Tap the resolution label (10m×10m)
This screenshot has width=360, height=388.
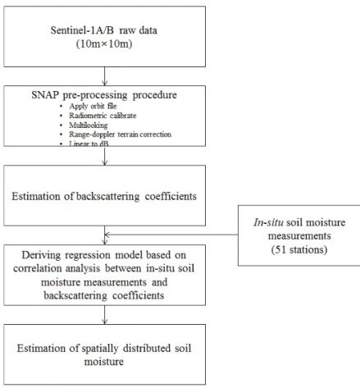click(104, 43)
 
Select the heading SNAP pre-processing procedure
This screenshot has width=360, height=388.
click(104, 95)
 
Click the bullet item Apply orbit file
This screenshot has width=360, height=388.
click(93, 106)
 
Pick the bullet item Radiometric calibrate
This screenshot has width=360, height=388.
click(103, 116)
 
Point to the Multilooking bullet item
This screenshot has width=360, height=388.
click(89, 125)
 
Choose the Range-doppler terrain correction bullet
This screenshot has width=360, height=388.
click(120, 135)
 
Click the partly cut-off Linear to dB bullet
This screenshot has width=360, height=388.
click(89, 144)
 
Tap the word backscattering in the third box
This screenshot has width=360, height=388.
click(107, 196)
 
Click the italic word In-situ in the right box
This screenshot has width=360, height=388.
click(268, 222)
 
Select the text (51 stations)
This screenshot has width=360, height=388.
click(299, 249)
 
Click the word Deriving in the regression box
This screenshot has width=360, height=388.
click(41, 255)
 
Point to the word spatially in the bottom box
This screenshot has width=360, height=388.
click(100, 349)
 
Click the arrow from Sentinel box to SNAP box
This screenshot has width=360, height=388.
click(105, 76)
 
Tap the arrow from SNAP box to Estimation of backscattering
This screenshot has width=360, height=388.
click(105, 156)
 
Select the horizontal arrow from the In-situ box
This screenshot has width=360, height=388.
click(171, 235)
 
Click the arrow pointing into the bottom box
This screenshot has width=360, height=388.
click(105, 315)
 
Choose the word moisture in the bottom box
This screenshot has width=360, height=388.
click(104, 362)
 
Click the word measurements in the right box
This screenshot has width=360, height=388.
click(299, 235)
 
